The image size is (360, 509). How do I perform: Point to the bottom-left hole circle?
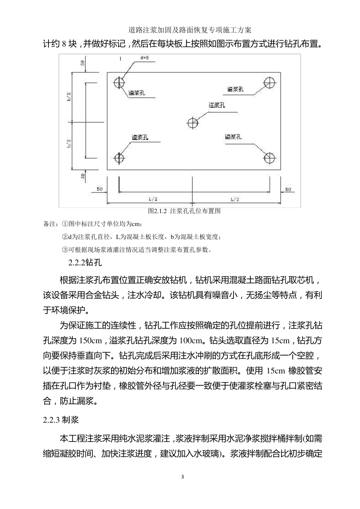point(120,157)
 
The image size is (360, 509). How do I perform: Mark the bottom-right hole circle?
point(269,157)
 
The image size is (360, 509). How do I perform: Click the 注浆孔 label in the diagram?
point(217,105)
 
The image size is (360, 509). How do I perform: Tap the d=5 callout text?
point(144,58)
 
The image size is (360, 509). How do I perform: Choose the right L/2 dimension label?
point(235,199)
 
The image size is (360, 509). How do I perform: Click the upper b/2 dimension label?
point(69,97)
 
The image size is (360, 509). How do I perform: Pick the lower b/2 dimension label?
point(69,143)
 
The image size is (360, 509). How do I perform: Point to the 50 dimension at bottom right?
point(288,189)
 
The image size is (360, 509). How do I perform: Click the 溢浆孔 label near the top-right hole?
point(235,89)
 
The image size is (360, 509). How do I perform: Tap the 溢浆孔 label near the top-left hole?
point(137,93)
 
